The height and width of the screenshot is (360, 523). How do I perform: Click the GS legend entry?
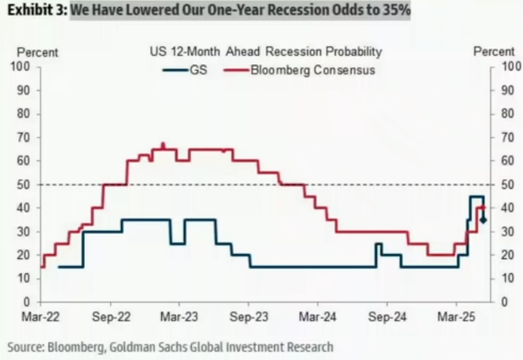click(x=185, y=70)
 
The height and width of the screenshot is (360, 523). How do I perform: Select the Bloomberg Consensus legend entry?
click(x=300, y=70)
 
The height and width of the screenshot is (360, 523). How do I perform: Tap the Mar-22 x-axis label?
click(x=40, y=317)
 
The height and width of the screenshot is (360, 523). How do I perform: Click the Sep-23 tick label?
click(x=249, y=317)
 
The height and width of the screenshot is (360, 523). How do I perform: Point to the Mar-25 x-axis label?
click(x=456, y=317)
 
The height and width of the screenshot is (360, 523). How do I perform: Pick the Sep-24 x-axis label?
click(x=387, y=317)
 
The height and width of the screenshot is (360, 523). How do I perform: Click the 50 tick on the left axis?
click(x=24, y=185)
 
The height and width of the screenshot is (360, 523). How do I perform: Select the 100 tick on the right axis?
click(x=511, y=67)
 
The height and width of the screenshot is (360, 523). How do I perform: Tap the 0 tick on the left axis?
click(x=27, y=302)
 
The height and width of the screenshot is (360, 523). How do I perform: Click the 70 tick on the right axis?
click(x=508, y=137)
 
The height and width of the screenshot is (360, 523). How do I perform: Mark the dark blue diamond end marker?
click(x=483, y=220)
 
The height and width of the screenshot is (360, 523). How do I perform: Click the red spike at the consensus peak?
click(x=163, y=146)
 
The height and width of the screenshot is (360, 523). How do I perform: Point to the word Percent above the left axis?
click(x=37, y=52)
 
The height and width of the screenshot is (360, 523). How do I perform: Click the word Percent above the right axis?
click(x=494, y=52)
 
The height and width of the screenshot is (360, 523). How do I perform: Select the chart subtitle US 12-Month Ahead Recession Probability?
click(x=266, y=52)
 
